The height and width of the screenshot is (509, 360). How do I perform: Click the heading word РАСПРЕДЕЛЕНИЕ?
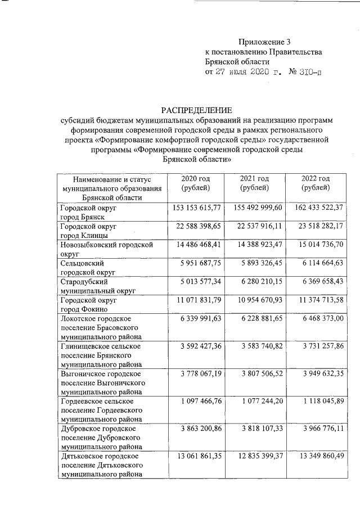pos(196,110)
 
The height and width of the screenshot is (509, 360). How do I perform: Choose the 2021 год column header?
pos(254,183)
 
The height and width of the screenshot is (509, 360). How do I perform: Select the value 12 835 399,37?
pos(256,456)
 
